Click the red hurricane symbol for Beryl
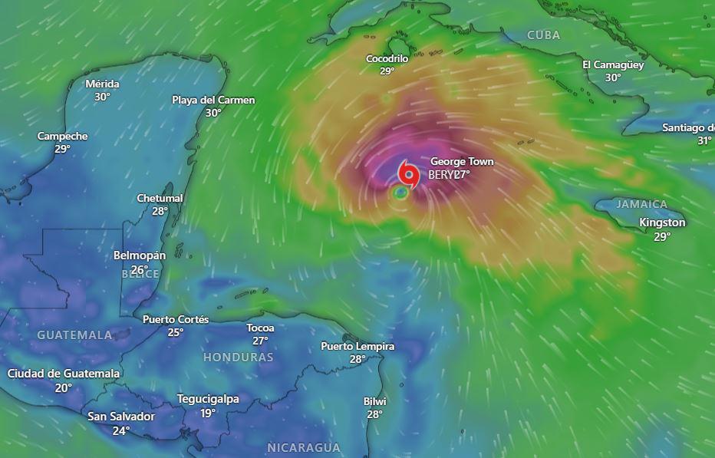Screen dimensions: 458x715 click(407, 173)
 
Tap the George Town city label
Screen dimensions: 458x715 click(462, 162)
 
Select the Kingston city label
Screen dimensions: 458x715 click(662, 222)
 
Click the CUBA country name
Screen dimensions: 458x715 click(544, 35)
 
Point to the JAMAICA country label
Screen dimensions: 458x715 click(642, 204)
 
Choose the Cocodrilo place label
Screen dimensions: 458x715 click(387, 58)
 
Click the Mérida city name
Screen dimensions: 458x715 click(102, 84)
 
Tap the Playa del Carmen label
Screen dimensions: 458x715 click(213, 100)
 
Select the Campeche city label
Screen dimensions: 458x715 click(63, 136)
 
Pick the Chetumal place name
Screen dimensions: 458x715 click(160, 198)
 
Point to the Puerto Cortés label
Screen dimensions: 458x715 click(176, 319)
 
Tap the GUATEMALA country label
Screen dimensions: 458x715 click(74, 335)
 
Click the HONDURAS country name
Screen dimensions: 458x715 click(239, 358)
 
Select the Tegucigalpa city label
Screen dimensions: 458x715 click(208, 399)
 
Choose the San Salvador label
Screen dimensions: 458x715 click(121, 417)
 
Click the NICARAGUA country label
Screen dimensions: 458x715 click(304, 447)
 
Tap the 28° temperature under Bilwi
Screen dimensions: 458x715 click(374, 414)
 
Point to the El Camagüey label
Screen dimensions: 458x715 click(613, 64)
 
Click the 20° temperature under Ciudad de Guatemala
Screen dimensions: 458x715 click(63, 388)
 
